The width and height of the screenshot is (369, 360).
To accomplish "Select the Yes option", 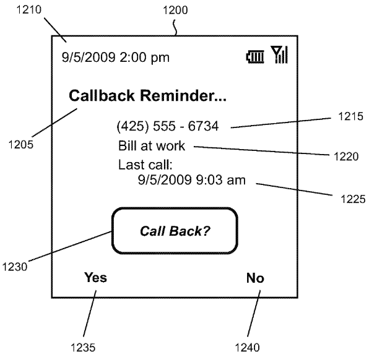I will (x=95, y=278).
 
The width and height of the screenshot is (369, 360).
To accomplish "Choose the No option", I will (x=254, y=278).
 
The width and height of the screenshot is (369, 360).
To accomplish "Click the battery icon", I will (x=254, y=58).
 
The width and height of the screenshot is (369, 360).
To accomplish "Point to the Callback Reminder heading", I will (x=148, y=96).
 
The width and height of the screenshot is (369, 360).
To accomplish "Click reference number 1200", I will (x=175, y=10).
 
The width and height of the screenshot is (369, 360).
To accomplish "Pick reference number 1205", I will (x=21, y=146).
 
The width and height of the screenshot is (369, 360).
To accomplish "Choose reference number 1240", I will (x=246, y=347).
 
